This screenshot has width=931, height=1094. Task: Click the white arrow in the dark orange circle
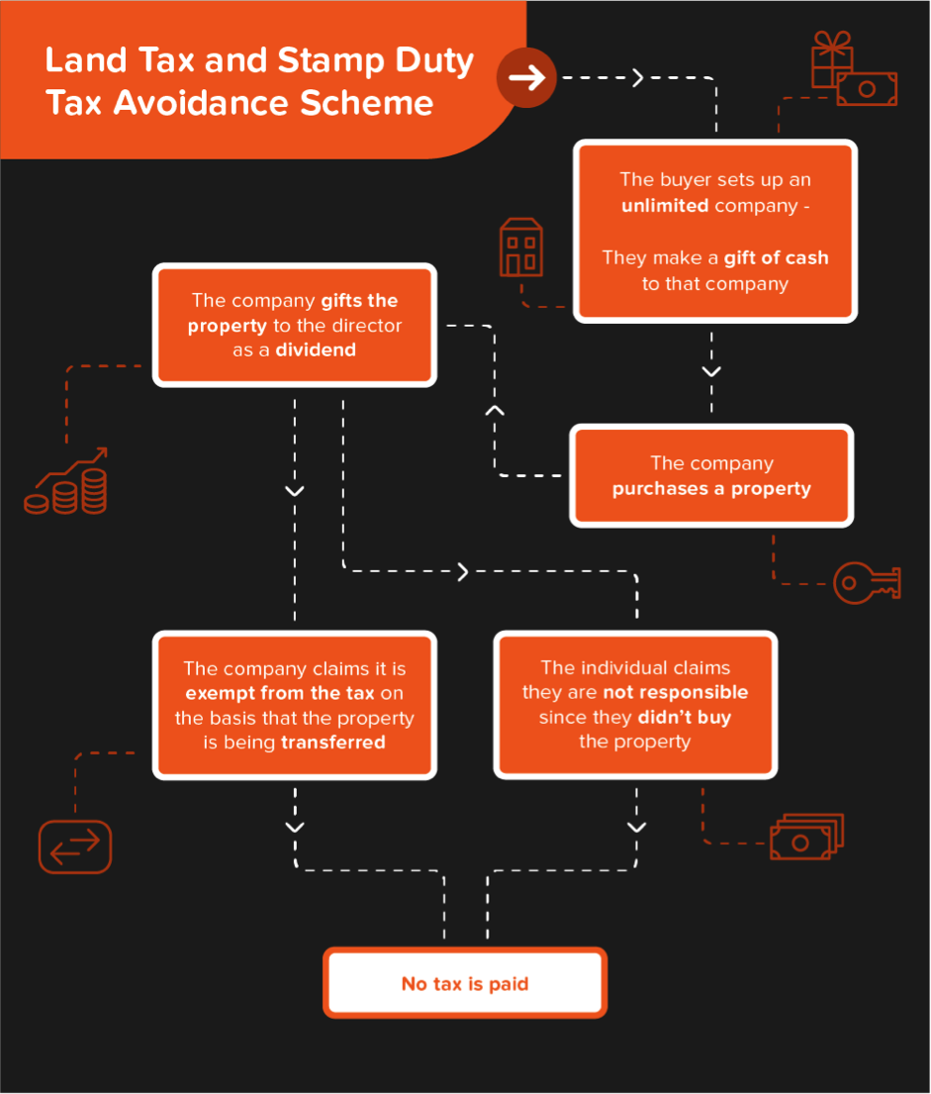pos(526,77)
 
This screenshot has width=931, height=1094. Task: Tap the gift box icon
pos(831,59)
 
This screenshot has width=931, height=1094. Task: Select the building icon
pos(521,247)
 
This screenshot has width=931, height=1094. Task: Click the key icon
pos(867,582)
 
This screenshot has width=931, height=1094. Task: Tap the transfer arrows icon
pos(75,846)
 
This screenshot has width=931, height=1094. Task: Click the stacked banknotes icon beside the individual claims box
pos(807,837)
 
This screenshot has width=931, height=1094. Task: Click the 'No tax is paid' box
pos(465,982)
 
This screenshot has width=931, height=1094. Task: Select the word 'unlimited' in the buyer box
pos(665,206)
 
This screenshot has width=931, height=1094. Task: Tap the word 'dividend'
pos(316,349)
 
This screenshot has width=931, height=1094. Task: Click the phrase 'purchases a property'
pos(711,489)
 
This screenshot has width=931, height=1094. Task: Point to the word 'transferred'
pos(332,743)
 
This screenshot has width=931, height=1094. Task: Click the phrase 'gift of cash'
pos(777,258)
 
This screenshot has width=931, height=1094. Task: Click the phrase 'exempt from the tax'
pos(280,693)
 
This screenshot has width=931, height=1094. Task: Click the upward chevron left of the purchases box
pos(495,410)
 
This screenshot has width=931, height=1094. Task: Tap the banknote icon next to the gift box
pos(867,88)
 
